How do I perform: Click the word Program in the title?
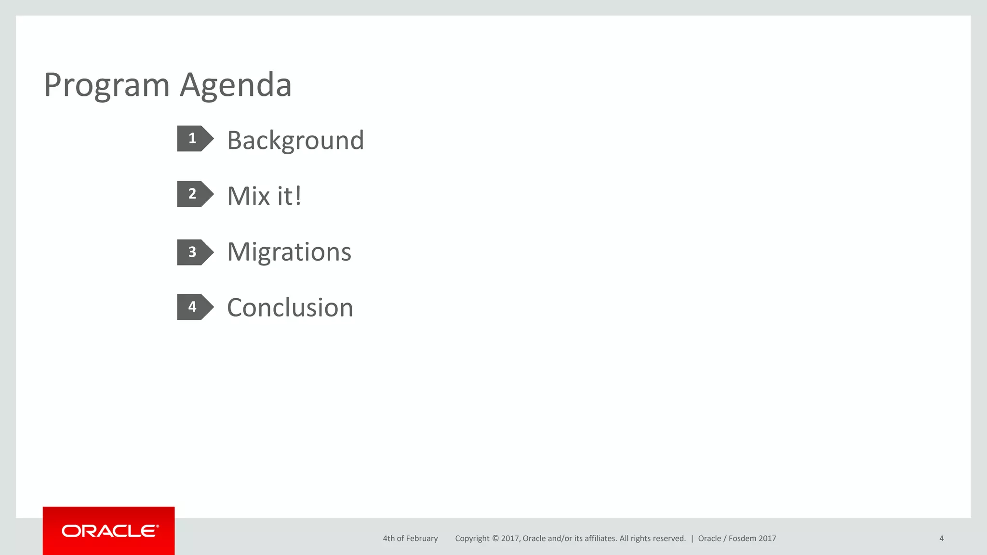pos(107,86)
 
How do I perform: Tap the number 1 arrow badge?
pos(194,139)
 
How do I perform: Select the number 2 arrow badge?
pos(194,194)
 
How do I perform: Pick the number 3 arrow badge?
pos(194,252)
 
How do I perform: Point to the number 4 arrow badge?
pos(194,307)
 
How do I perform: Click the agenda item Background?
pos(295,141)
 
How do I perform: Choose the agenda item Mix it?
pos(264,196)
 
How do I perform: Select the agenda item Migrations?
pos(289,252)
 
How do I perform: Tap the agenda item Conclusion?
pos(290,307)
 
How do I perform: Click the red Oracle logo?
pos(109,531)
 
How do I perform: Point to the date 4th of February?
pos(410,539)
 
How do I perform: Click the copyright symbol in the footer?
pos(495,539)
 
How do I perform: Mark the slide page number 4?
pos(941,539)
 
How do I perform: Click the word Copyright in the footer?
pos(472,539)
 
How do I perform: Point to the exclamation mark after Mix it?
pos(298,196)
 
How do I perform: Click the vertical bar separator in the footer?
pos(692,539)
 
